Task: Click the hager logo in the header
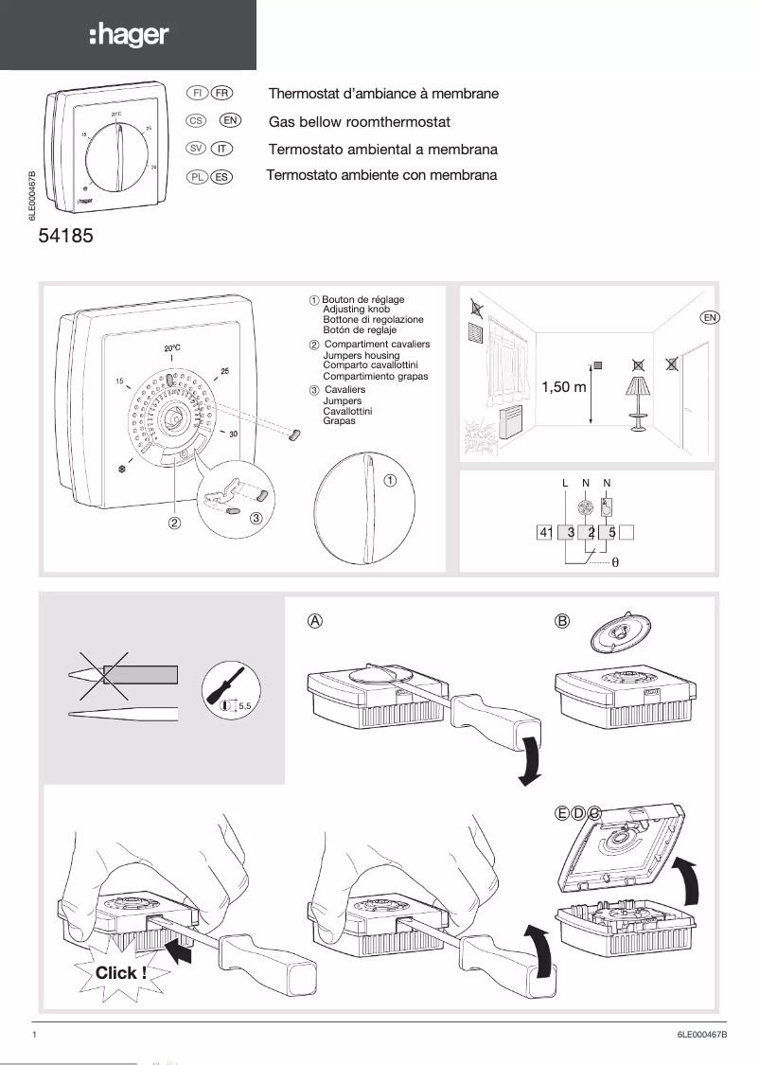point(129,36)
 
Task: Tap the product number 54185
point(65,237)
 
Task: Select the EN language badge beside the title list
point(230,120)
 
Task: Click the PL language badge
point(198,176)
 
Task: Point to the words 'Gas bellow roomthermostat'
point(360,122)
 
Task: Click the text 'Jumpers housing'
point(362,355)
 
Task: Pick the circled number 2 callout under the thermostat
point(175,522)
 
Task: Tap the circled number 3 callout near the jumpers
point(256,518)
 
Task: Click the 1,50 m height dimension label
point(564,387)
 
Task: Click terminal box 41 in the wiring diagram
point(545,532)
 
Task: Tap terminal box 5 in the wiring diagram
point(612,532)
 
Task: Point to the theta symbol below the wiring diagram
point(627,561)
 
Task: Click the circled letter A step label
point(316,621)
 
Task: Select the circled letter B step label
point(563,621)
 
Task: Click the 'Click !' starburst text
point(121,972)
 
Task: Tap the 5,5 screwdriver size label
point(248,705)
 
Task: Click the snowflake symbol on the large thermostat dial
point(121,468)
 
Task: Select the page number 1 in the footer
point(35,1036)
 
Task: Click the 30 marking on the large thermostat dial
point(233,433)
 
